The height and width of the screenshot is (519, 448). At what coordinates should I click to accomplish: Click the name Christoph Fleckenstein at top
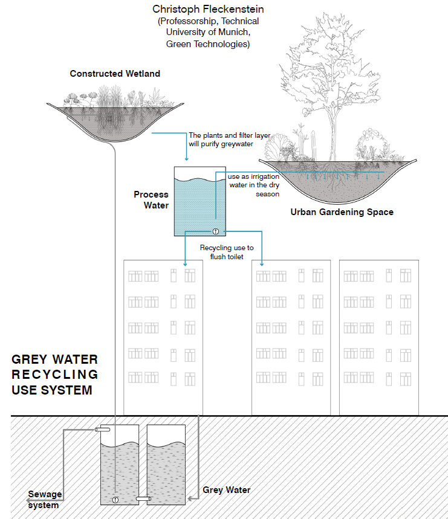click(x=208, y=10)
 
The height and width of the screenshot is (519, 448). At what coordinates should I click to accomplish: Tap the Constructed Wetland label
click(x=115, y=74)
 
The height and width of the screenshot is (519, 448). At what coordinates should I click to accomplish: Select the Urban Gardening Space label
click(x=342, y=212)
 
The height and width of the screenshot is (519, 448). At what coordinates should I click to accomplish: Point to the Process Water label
click(x=151, y=200)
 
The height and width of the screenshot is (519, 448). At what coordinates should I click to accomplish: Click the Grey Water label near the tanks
click(x=226, y=489)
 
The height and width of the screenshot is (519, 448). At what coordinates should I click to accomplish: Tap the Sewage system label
click(x=45, y=500)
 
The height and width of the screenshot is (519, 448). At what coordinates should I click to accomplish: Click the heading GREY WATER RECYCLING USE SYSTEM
click(x=54, y=375)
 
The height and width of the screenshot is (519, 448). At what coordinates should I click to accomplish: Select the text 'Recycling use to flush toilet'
click(x=227, y=253)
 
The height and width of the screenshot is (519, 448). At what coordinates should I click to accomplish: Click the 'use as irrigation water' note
click(x=253, y=185)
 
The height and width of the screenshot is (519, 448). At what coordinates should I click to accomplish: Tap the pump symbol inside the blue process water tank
click(x=215, y=231)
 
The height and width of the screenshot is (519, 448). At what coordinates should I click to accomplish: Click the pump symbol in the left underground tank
click(x=115, y=499)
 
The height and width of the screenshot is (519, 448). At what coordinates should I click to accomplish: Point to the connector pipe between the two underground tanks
click(x=143, y=499)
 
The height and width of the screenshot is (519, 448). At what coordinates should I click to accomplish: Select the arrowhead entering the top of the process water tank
click(x=186, y=159)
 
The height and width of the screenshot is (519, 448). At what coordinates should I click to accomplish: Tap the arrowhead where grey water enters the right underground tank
click(x=192, y=498)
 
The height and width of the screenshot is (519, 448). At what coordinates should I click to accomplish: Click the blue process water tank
click(x=195, y=202)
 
